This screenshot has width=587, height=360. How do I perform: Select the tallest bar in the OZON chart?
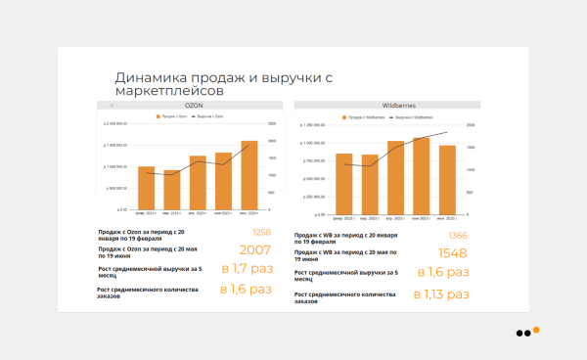click(249, 175)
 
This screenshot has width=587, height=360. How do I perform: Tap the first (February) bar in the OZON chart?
click(146, 187)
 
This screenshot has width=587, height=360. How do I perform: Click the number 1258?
click(261, 233)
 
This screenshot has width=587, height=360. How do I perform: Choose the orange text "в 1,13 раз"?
click(441, 293)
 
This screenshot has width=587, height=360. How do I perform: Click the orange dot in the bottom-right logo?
click(536, 330)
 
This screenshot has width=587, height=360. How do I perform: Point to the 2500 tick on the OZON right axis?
click(271, 123)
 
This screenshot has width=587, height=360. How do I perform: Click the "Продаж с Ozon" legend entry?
click(170, 115)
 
